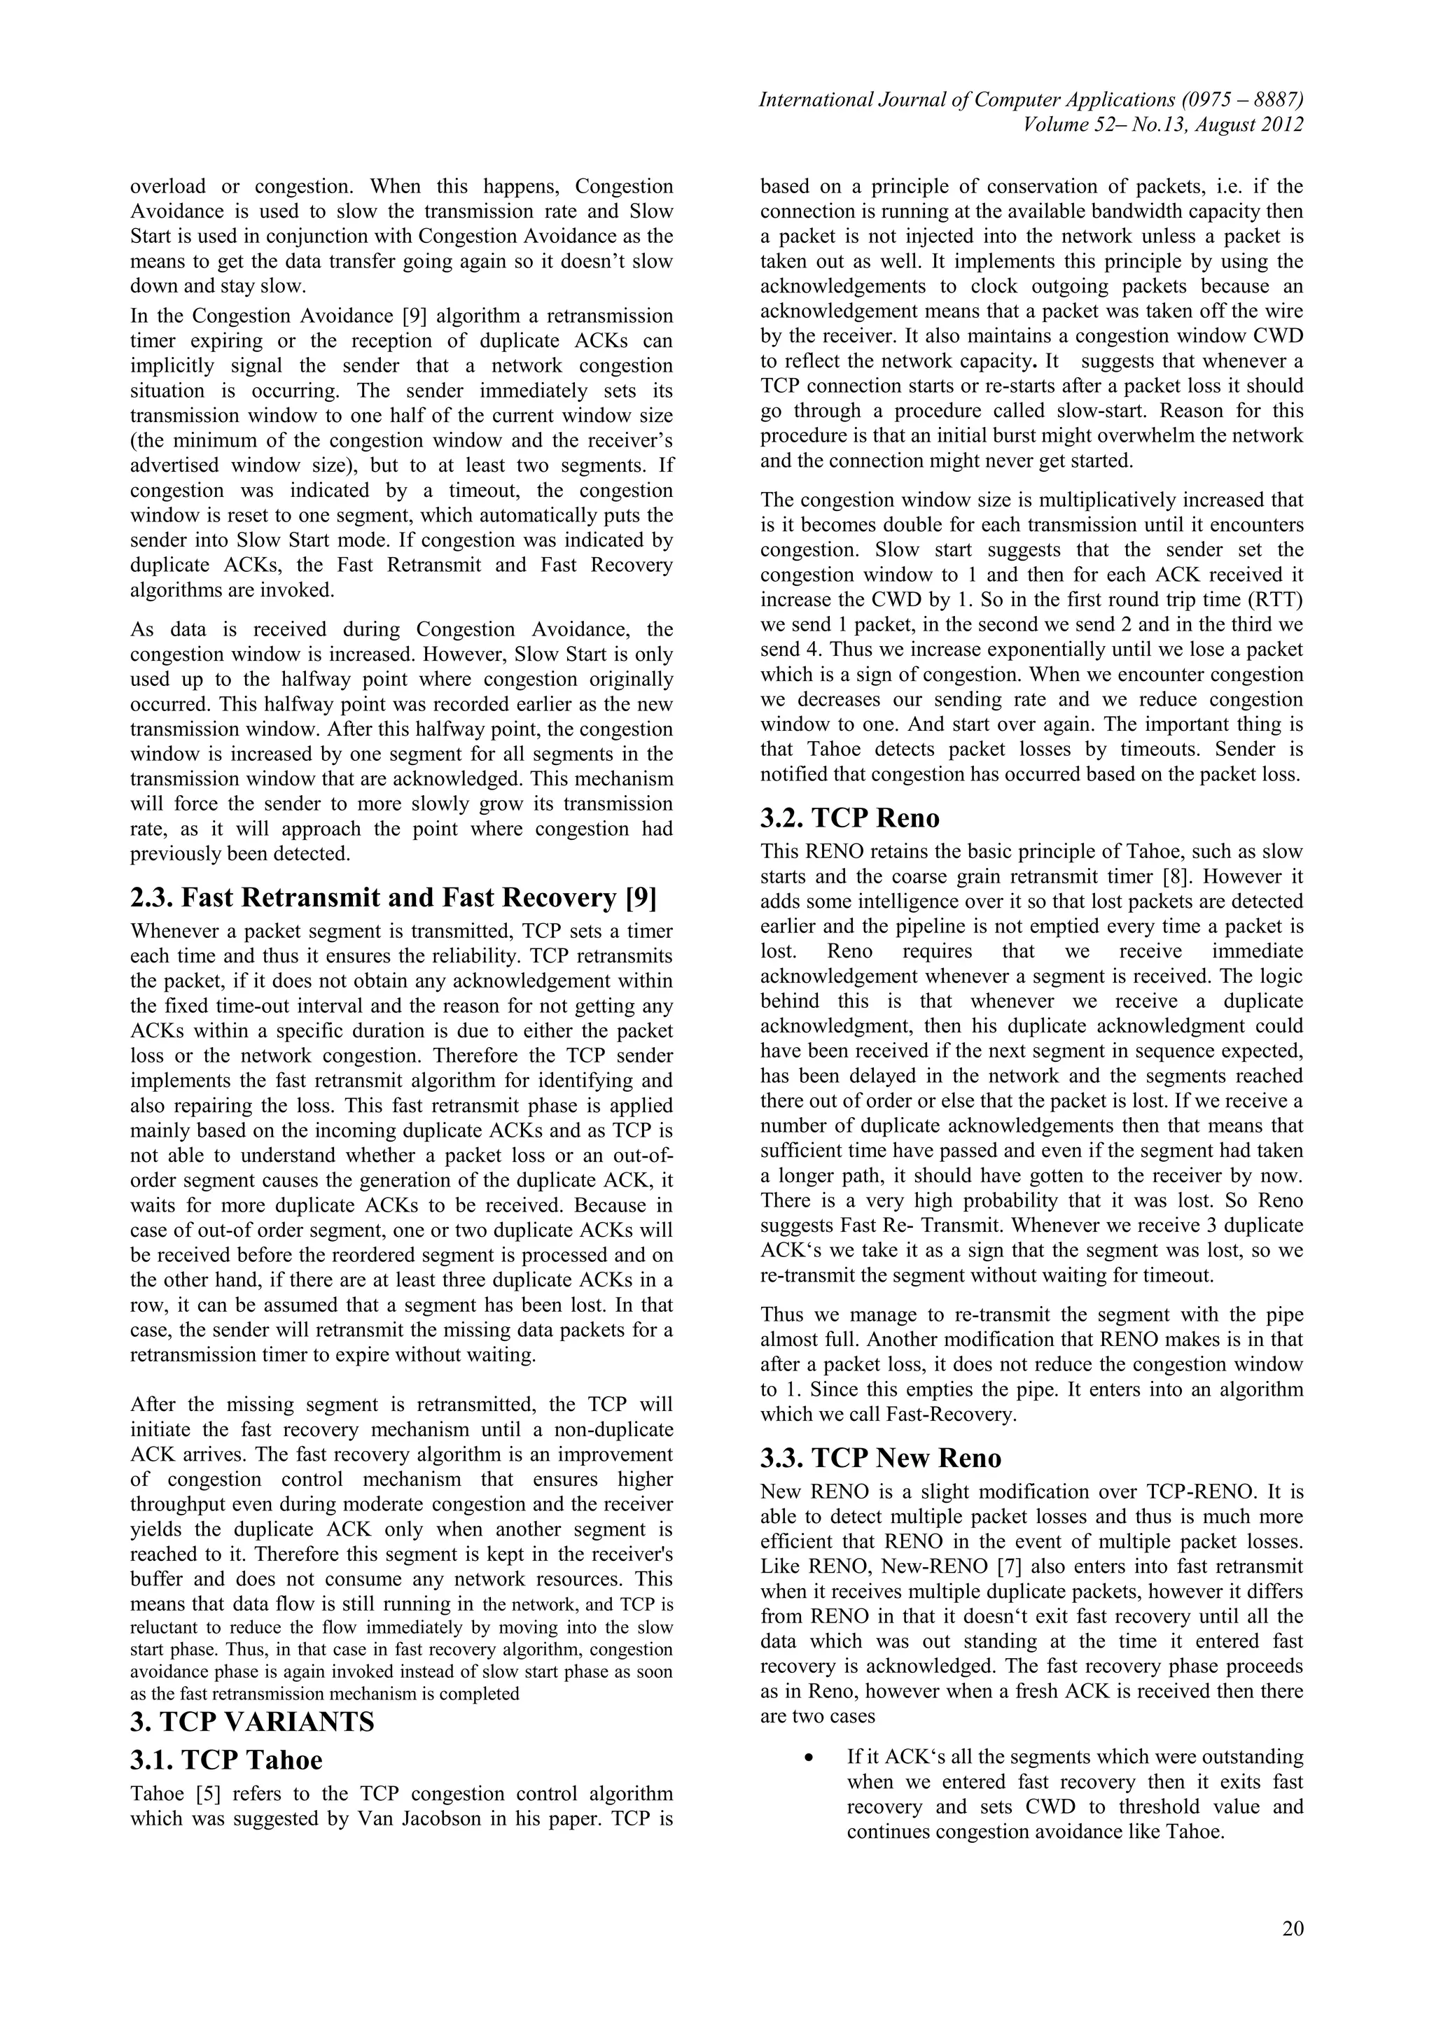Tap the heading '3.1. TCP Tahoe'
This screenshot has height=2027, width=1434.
226,1760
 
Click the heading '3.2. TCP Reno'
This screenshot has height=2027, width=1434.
849,818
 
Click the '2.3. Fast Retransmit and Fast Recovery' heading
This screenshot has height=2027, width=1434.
393,897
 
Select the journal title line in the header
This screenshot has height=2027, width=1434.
1031,100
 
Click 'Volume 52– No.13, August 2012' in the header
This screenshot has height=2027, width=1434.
1163,125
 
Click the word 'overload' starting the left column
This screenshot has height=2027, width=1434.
167,186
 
